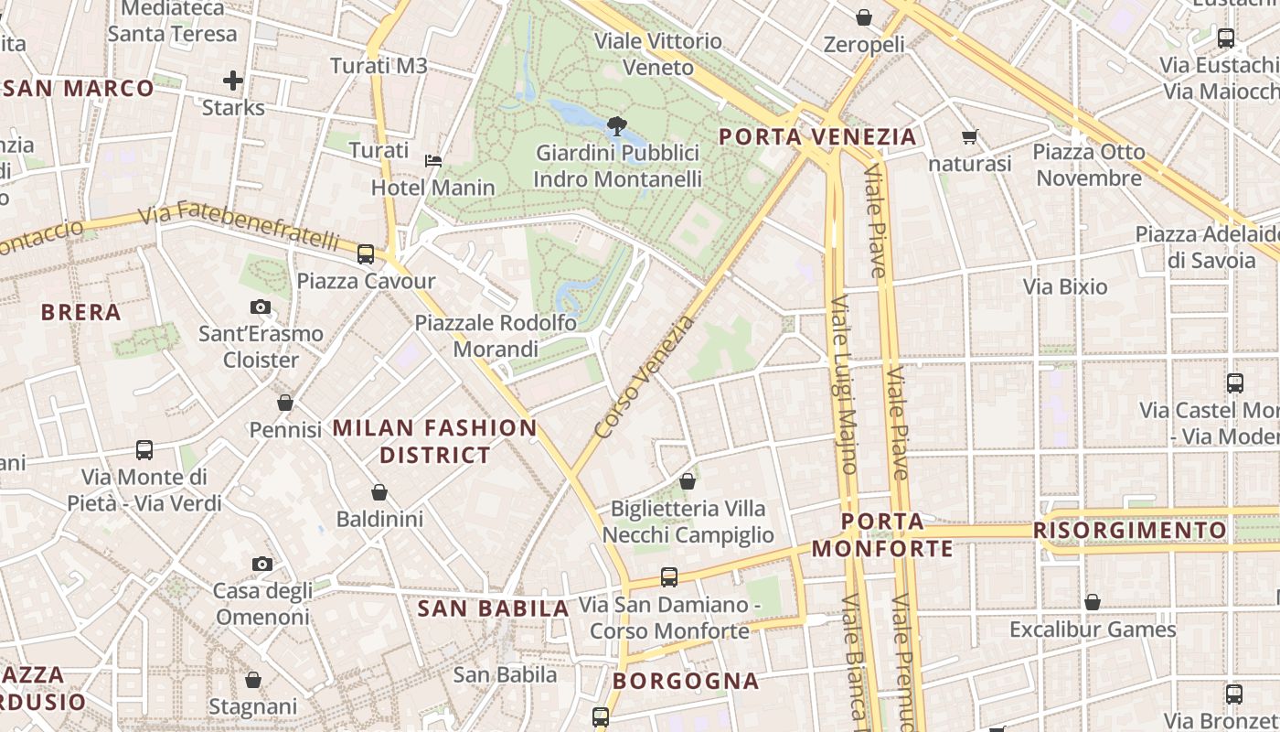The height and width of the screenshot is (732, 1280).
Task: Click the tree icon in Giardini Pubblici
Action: click(x=617, y=124)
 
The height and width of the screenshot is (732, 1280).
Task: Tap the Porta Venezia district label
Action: click(x=817, y=137)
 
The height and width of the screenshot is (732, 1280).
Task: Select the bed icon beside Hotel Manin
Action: click(x=433, y=161)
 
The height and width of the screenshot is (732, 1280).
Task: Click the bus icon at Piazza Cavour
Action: click(x=366, y=253)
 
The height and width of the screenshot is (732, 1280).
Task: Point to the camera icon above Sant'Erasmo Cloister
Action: click(x=261, y=307)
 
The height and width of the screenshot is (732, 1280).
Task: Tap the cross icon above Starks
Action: click(x=233, y=81)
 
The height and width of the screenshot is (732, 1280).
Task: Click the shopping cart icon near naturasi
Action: click(x=969, y=137)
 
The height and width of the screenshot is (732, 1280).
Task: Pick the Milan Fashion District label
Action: click(x=435, y=441)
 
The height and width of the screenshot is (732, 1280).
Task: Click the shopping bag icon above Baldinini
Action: click(x=379, y=493)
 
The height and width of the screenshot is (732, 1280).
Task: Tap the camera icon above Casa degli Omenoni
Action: click(x=262, y=564)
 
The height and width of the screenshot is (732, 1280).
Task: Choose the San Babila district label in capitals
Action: click(x=494, y=608)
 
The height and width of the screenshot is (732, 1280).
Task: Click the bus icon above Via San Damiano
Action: click(x=669, y=577)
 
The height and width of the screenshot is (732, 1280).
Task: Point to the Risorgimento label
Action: click(x=1130, y=531)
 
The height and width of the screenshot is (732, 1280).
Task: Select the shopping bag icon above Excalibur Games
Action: click(x=1092, y=602)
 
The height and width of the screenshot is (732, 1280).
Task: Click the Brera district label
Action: click(x=81, y=312)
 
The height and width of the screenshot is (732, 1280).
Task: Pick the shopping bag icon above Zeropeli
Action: click(x=864, y=17)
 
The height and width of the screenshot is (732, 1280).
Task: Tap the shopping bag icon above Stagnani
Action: click(x=253, y=680)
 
